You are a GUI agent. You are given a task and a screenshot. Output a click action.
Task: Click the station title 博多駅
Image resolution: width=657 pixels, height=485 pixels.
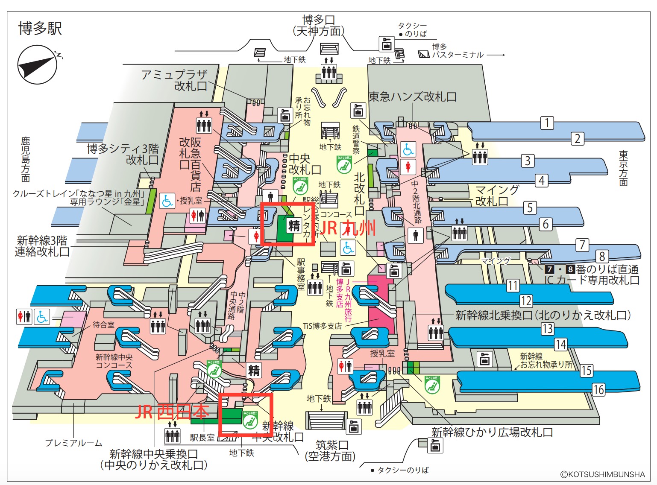click(x=40, y=29)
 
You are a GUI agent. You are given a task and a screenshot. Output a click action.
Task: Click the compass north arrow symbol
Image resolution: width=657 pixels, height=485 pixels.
click(x=38, y=65)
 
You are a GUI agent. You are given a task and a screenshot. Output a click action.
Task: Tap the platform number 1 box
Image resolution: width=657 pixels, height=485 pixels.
click(x=547, y=123)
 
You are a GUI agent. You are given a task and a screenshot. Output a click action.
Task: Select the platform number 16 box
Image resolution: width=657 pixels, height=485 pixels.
click(x=598, y=389)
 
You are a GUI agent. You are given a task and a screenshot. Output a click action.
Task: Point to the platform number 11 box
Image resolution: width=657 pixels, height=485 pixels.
click(x=513, y=285)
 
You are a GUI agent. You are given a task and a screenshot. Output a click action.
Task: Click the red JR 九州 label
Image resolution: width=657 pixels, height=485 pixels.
click(x=348, y=228)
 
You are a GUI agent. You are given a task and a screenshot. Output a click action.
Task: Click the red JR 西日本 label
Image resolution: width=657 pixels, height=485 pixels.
click(x=172, y=412)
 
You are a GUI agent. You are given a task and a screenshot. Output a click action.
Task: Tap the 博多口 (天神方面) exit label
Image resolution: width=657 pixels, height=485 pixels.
click(x=319, y=26)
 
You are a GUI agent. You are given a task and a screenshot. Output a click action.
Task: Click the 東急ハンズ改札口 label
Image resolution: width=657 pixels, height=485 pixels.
click(x=413, y=97)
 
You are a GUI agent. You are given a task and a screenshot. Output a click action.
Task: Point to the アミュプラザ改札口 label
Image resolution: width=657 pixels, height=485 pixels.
click(x=175, y=80)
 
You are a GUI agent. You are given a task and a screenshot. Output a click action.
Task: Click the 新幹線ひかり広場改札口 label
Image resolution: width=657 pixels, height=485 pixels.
click(x=492, y=432)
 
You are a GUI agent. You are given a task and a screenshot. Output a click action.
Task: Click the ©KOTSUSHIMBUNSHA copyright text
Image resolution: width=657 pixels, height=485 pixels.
click(x=602, y=474)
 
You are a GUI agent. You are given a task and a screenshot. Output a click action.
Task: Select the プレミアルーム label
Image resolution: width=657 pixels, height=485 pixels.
click(x=74, y=443)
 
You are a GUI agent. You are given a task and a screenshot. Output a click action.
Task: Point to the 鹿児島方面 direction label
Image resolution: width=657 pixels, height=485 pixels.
click(x=26, y=159)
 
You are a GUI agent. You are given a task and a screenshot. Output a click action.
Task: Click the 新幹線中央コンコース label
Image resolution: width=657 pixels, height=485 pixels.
click(x=114, y=361)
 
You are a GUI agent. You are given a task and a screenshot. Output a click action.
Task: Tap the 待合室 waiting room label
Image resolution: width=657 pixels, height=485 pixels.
click(x=103, y=325)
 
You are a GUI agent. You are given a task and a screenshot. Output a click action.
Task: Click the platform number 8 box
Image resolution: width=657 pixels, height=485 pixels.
click(x=602, y=256)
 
